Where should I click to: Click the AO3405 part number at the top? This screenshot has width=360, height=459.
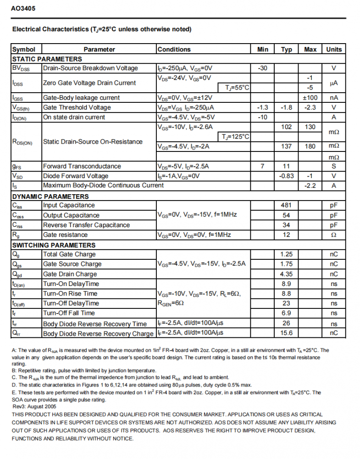[x=23, y=9]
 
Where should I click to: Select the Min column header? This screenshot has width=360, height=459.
[x=263, y=50]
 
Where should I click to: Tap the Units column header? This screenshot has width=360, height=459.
[x=334, y=50]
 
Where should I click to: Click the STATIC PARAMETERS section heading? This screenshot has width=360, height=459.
[x=47, y=59]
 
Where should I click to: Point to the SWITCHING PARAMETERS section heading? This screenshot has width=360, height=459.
[x=54, y=245]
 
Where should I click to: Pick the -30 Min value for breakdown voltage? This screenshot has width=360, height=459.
[x=263, y=68]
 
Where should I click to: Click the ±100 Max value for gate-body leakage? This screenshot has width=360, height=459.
[x=310, y=98]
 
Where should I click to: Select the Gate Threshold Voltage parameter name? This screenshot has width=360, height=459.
[x=77, y=107]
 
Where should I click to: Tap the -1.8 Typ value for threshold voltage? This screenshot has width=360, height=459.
[x=287, y=107]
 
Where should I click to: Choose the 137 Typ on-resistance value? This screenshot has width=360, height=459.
[x=287, y=146]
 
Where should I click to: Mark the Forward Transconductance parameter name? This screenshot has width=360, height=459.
[x=82, y=166]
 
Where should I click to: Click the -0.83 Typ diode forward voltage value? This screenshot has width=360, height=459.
[x=287, y=176]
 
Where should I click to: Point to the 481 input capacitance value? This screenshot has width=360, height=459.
[x=287, y=205]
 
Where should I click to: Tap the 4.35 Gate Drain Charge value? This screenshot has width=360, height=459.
[x=287, y=274]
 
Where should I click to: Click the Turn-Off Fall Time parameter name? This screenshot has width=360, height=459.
[x=69, y=313]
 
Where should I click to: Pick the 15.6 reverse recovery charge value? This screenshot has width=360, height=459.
[x=287, y=333]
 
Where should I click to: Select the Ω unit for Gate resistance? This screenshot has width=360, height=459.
[x=334, y=235]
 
